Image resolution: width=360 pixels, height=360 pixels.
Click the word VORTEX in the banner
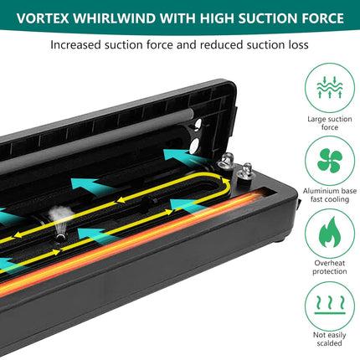click(43, 18)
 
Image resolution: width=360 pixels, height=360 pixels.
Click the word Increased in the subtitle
click(75, 44)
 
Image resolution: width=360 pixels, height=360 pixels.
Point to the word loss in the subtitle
click(298, 44)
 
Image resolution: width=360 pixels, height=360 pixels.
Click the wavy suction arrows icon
click(330, 87)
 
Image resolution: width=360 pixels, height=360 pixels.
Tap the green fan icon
click(330, 161)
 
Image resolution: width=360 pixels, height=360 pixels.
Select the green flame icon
click(330, 232)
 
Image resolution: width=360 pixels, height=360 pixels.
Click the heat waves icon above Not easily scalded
click(330, 305)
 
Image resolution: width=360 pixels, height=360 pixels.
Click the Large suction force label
click(330, 123)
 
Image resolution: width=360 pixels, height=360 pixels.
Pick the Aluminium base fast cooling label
click(330, 195)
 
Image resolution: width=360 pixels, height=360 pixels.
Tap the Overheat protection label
click(330, 267)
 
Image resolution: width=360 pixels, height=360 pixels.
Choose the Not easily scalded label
click(330, 339)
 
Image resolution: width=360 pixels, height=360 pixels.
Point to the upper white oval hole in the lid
click(198, 126)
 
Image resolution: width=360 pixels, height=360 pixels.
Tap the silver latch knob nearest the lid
click(225, 162)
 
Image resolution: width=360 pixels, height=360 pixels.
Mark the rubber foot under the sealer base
click(282, 239)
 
